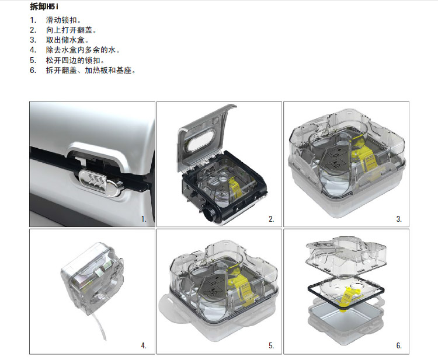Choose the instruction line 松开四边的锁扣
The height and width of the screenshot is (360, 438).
pos(75,60)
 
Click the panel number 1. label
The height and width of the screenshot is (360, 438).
pos(144,219)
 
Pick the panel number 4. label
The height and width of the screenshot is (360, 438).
pos(144,345)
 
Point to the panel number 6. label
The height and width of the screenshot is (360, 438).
pos(399,345)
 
